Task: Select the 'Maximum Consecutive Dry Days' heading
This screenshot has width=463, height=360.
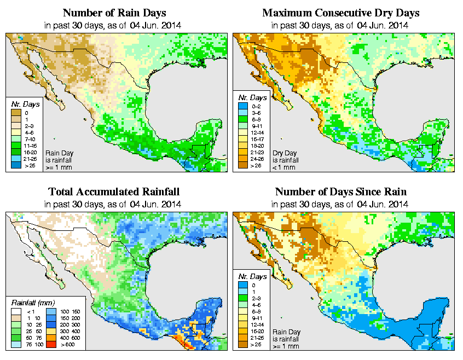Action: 342,13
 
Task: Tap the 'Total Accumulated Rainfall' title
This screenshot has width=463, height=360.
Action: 114,192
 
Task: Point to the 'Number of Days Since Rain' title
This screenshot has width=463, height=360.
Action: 342,192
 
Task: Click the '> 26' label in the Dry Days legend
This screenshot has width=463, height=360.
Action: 255,165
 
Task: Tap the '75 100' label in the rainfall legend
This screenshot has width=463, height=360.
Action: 27,345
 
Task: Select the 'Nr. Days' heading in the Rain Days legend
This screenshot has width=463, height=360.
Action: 25,104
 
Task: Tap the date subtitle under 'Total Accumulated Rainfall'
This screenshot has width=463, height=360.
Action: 114,205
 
